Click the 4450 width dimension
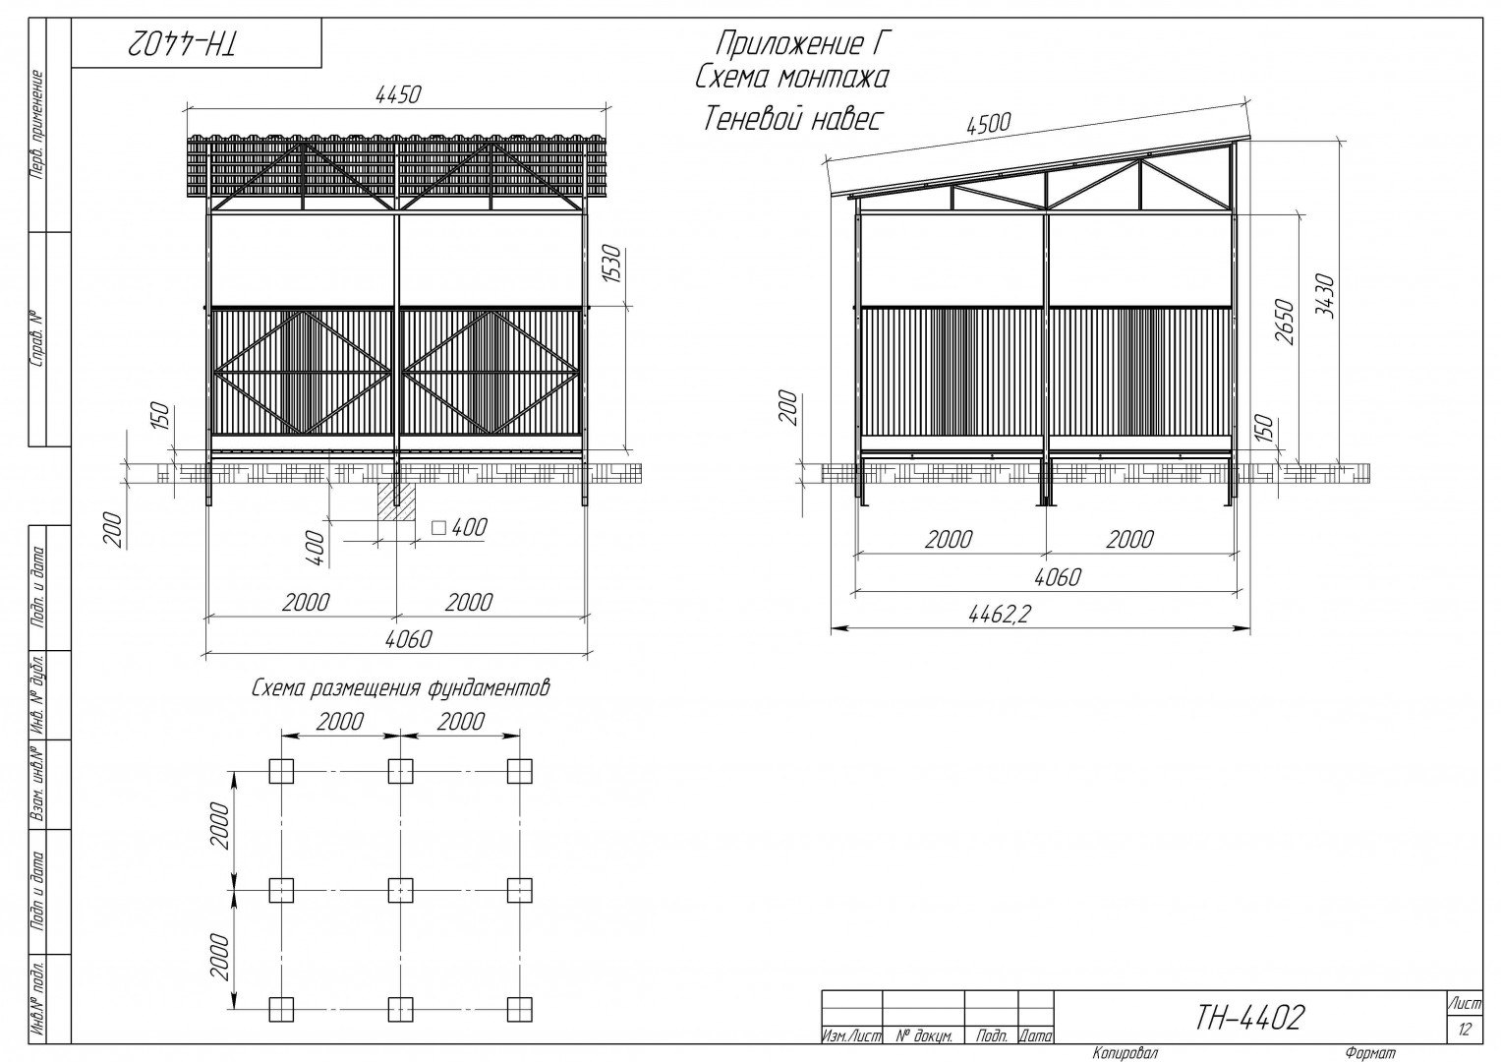[398, 95]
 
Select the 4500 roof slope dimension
[988, 124]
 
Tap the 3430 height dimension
[1324, 296]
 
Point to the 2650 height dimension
[1284, 323]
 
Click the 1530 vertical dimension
[612, 264]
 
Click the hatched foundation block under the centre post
[395, 501]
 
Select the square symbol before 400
[438, 528]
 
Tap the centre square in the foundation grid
[400, 890]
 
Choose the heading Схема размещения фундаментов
[400, 688]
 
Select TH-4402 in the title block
[1250, 1017]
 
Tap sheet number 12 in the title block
[1465, 1030]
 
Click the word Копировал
[1125, 1052]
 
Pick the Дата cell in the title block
[1035, 1036]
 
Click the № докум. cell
[924, 1036]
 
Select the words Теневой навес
[792, 119]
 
